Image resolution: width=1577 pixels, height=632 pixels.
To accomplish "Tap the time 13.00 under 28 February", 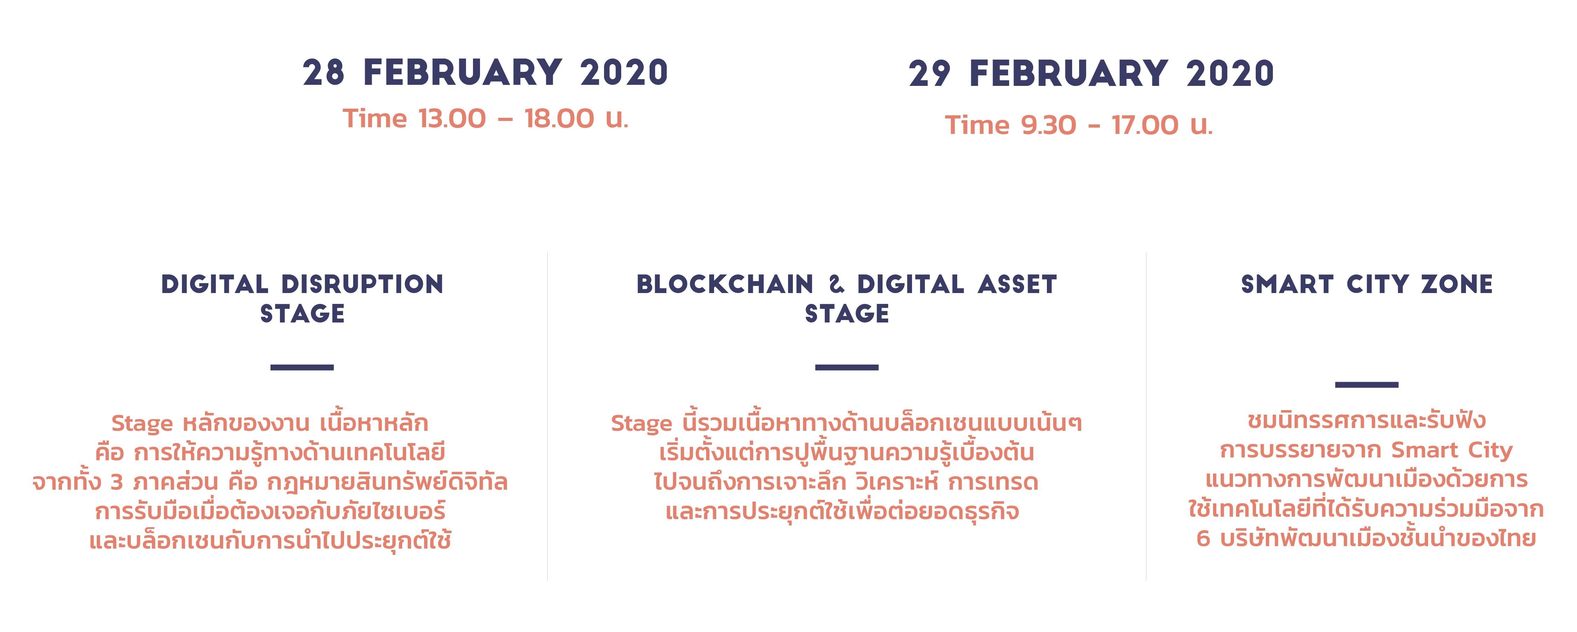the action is pyautogui.click(x=452, y=118).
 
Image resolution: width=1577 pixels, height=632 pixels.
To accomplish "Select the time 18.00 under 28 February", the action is pyautogui.click(x=559, y=118).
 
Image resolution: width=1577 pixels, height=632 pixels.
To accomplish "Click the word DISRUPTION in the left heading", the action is pyautogui.click(x=362, y=284).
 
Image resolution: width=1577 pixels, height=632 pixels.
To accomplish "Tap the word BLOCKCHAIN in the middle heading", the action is pyautogui.click(x=725, y=284).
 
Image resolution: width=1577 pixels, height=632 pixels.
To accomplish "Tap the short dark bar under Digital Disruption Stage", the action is pyautogui.click(x=302, y=367).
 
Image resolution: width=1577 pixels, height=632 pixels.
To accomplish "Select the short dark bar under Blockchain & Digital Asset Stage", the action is pyautogui.click(x=846, y=367).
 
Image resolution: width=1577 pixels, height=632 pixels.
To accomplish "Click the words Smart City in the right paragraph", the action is pyautogui.click(x=1452, y=451).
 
